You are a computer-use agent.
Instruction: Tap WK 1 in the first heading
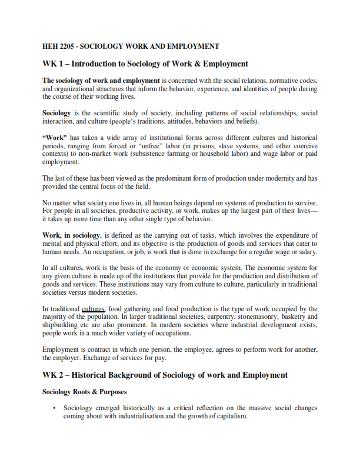[54, 64]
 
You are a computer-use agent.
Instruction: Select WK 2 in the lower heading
[54, 375]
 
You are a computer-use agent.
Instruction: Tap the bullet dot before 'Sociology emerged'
[54, 408]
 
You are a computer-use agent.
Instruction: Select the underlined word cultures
[93, 308]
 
